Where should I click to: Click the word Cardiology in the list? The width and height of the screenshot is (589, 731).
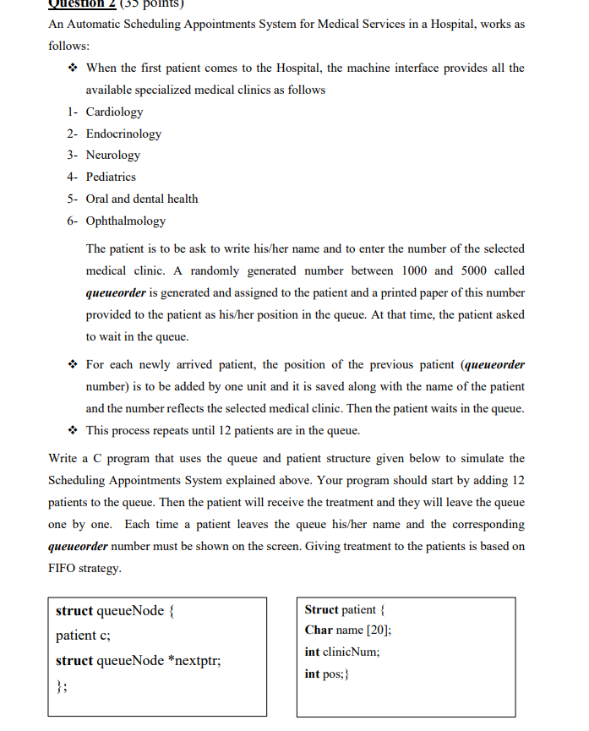click(x=114, y=112)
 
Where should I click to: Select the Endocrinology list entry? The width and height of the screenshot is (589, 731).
click(x=123, y=134)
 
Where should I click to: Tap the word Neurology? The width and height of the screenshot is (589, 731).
click(x=113, y=155)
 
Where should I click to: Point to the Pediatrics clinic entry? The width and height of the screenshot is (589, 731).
click(x=111, y=177)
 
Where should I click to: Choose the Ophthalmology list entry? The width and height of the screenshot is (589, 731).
click(x=126, y=221)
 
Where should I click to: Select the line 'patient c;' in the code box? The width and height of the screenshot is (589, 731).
click(x=83, y=636)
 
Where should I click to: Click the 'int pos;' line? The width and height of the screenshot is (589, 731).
click(x=327, y=674)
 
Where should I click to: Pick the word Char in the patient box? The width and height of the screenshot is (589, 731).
click(x=319, y=630)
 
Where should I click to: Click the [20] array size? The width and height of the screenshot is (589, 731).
click(x=379, y=630)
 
